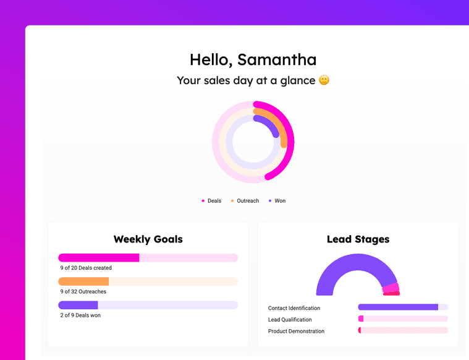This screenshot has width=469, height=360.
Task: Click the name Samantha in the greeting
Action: point(277,59)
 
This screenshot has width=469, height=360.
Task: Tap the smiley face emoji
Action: point(324,80)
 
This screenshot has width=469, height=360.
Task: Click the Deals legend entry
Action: point(211,200)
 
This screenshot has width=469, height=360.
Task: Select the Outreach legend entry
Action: point(245,200)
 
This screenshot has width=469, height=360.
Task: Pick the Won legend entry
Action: point(277,200)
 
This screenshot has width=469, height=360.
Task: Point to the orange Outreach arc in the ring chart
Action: point(278,123)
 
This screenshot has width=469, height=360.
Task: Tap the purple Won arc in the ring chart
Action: point(268,122)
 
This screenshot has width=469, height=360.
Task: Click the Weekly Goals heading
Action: point(148,239)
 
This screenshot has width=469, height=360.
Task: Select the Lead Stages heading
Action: point(358,239)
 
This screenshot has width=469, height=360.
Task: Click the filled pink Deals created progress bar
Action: point(99,258)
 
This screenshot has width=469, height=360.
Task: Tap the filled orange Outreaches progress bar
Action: point(83,281)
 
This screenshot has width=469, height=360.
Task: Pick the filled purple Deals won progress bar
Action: point(78,305)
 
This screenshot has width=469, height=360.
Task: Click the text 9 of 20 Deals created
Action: point(86,268)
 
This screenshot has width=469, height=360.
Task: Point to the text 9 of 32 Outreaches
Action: point(83,291)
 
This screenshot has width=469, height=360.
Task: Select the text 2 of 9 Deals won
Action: point(80,315)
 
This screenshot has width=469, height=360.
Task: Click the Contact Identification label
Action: point(294,308)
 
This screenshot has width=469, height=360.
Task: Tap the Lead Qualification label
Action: point(290,320)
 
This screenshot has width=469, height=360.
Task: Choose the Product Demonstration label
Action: point(296,331)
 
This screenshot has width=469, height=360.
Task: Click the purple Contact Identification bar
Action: point(398,307)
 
